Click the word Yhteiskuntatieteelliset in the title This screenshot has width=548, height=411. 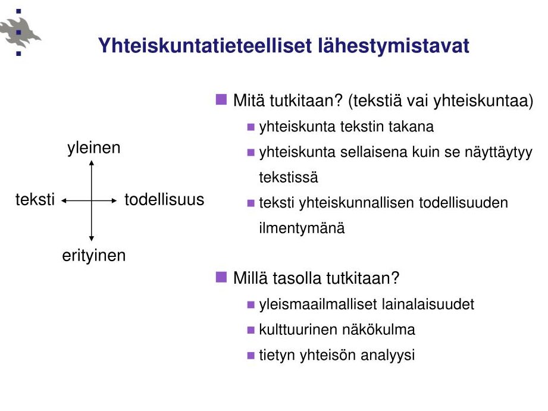[x=205, y=46]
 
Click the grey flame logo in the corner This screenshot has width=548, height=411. [x=20, y=33]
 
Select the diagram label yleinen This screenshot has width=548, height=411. [x=93, y=148]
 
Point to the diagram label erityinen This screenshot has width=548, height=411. [x=93, y=256]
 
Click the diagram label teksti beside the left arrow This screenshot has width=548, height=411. [x=35, y=200]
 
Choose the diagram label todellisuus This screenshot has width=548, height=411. [x=164, y=200]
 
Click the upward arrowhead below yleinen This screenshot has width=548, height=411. [x=92, y=162]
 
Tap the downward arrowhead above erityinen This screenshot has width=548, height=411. [x=92, y=239]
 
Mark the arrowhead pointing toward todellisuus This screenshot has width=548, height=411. [x=114, y=200]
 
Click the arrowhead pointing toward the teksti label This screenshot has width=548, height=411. [x=64, y=200]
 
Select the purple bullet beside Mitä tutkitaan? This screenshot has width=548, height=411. [x=221, y=99]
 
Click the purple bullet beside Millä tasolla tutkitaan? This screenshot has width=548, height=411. [x=221, y=277]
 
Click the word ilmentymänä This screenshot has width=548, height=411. [x=302, y=228]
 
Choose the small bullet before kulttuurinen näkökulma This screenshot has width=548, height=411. [x=250, y=330]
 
